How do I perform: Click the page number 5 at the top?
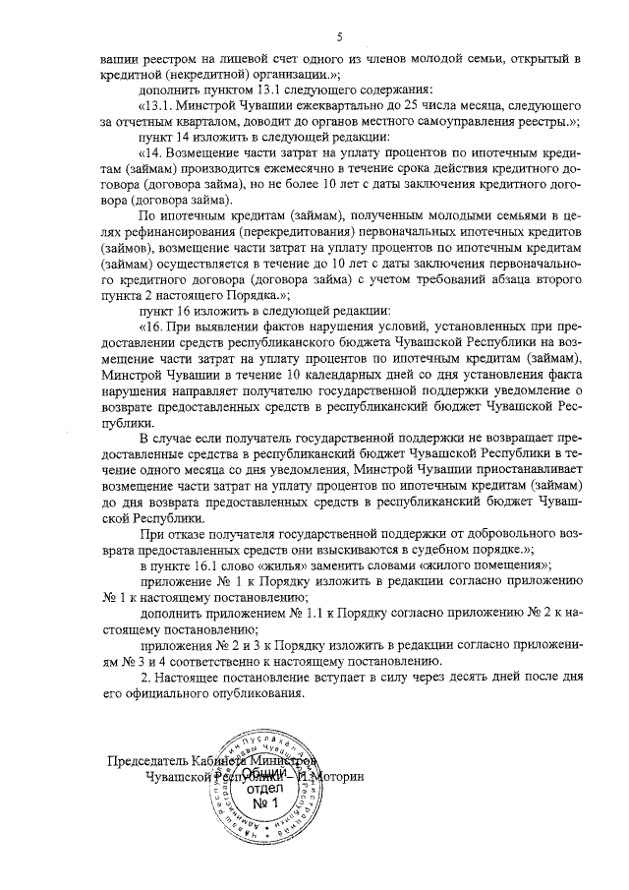[x=338, y=37]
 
